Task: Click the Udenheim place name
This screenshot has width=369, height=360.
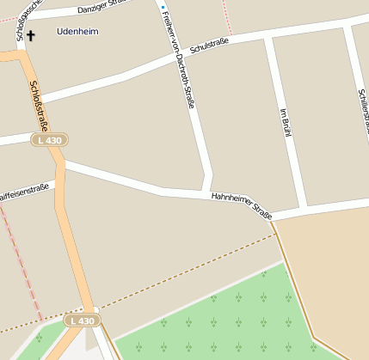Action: point(77,32)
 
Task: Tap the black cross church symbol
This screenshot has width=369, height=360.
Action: point(32,35)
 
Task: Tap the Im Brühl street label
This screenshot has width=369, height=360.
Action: point(285,123)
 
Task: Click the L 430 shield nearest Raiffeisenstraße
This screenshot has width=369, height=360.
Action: point(49,139)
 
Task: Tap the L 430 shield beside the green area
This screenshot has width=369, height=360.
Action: point(83,320)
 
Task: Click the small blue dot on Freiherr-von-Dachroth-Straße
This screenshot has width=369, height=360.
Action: point(162,8)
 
